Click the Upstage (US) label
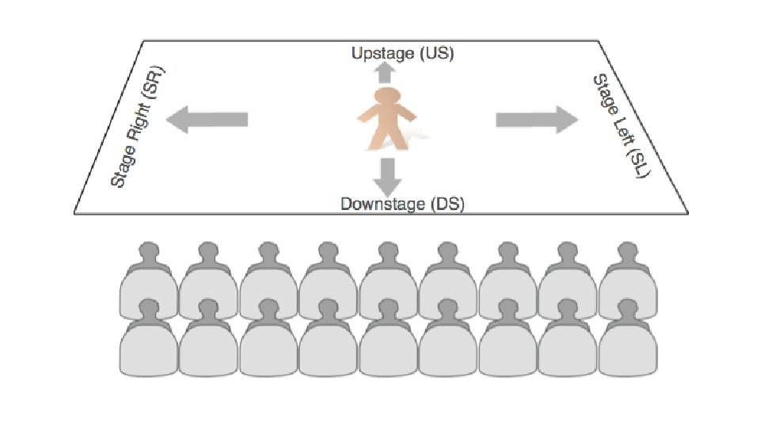403,54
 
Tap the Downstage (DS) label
402,204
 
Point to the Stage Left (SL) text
621,127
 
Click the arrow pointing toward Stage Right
207,120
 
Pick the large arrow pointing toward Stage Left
538,120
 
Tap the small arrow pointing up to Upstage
386,73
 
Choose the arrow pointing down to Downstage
386,176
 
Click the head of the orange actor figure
386,99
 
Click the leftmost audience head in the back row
148,253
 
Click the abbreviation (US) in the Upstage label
435,54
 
